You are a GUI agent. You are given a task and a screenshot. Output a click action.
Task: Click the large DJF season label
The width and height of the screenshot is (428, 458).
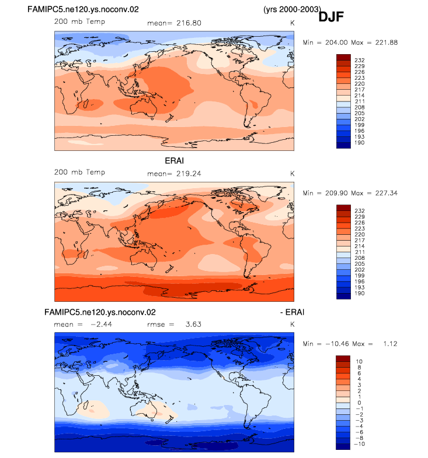pos(331,17)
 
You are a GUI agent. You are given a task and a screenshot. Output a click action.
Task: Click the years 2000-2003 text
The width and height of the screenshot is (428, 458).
pos(292,9)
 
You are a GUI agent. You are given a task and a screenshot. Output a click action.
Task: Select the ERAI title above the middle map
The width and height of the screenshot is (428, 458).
pos(174,161)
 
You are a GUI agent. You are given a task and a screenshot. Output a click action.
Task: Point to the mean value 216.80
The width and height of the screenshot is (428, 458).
pos(189,23)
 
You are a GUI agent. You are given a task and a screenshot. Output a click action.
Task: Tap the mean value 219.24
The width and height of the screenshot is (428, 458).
pos(189,174)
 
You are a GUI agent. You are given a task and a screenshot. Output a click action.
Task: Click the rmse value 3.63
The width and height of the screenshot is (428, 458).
pos(193,324)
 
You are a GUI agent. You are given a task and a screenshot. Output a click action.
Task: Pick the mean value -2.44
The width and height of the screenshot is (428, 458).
pos(101,324)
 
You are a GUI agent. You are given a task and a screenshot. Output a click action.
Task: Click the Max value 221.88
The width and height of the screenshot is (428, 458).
pos(387,43)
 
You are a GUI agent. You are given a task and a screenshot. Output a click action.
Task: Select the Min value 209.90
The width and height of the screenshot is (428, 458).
pos(336,193)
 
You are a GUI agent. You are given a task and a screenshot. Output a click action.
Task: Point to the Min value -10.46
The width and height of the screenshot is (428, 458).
pos(337,344)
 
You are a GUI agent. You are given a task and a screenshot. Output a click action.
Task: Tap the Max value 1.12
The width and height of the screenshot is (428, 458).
pos(390,344)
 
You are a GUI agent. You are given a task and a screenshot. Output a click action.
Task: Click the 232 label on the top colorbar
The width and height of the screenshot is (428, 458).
pos(360,60)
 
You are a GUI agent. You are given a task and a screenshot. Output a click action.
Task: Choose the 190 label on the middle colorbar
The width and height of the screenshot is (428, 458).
pos(360,293)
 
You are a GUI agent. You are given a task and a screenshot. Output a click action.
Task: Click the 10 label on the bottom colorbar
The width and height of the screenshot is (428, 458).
pos(359,362)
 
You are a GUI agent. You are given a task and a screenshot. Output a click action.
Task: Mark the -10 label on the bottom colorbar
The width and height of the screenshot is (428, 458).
pos(360,444)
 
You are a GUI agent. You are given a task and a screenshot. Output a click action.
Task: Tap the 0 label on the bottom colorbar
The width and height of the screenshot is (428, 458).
pos(359,403)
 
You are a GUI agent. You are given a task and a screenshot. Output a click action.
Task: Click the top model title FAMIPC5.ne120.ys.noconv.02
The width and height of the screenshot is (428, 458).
pos(83,9)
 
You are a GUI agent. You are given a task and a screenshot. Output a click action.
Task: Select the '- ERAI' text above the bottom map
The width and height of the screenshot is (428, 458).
pos(292,312)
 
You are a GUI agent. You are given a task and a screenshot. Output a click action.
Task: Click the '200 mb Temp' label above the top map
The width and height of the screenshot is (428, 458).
pos(79,22)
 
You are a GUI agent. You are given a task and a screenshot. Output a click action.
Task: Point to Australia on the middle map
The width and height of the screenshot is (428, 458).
pos(144,259)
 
